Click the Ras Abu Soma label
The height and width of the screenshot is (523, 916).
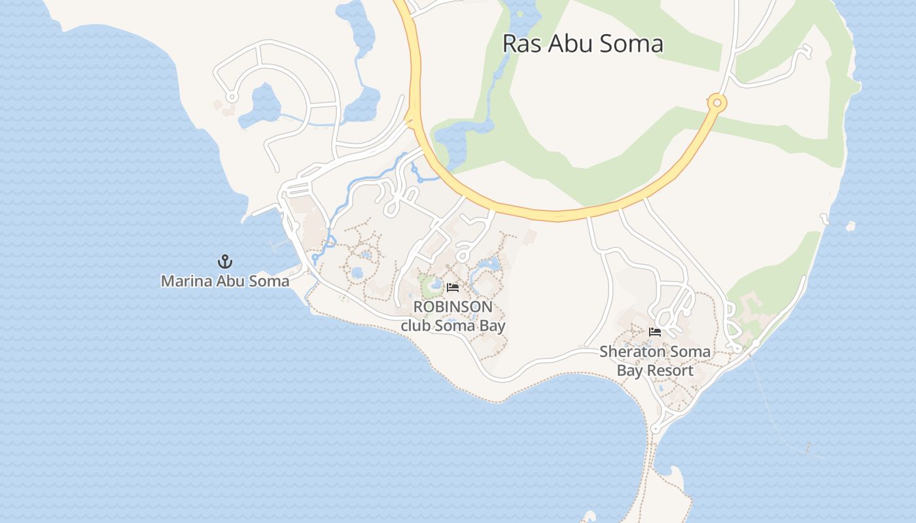coord(582,44)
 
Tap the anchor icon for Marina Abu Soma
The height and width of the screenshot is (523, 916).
coord(225,261)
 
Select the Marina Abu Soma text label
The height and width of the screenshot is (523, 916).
coord(225,281)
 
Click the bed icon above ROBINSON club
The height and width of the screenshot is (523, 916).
coord(453,288)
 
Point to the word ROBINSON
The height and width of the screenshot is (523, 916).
coord(453,307)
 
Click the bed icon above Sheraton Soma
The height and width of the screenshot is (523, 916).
coord(655,332)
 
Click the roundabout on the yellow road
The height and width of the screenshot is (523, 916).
coord(717,103)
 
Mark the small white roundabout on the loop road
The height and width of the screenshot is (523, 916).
coord(231,97)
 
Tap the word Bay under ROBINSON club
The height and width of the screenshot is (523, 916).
coord(491,325)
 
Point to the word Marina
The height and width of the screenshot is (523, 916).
coord(184,281)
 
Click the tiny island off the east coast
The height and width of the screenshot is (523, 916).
coord(850,227)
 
